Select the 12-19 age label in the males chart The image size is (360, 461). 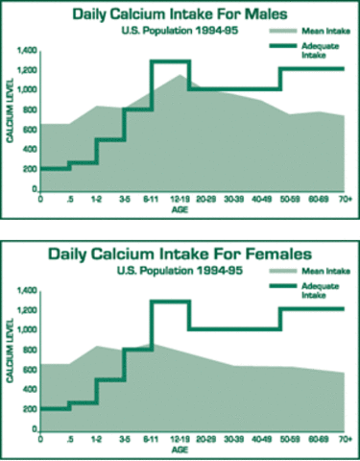coord(179,200)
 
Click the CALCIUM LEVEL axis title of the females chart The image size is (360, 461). coord(10,358)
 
